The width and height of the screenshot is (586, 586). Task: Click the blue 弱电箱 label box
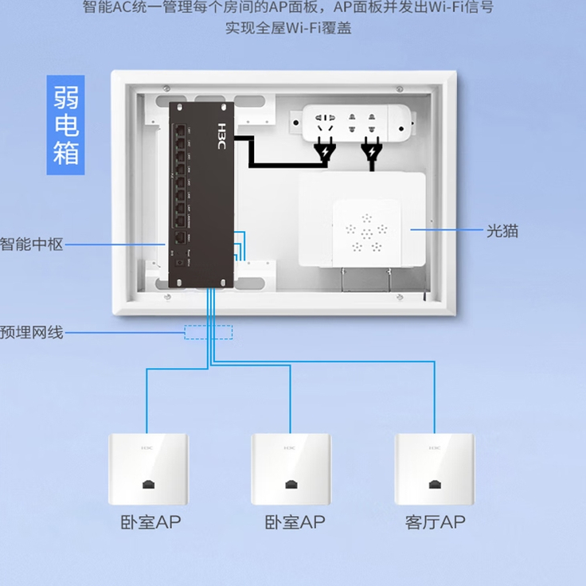click(67, 126)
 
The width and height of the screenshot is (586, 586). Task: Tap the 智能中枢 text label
click(32, 244)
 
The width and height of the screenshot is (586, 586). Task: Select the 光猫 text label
click(502, 231)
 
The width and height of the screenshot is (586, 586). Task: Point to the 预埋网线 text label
click(32, 332)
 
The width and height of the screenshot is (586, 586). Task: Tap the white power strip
click(358, 123)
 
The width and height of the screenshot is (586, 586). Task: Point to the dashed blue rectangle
click(209, 332)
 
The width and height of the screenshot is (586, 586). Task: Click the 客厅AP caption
click(435, 523)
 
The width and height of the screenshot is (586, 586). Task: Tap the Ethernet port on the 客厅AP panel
click(435, 484)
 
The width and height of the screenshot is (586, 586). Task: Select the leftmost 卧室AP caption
click(151, 523)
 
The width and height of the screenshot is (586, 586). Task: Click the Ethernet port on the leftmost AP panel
click(149, 484)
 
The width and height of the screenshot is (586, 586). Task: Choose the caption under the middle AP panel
click(295, 523)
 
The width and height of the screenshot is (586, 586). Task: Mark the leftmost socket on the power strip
click(324, 123)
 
